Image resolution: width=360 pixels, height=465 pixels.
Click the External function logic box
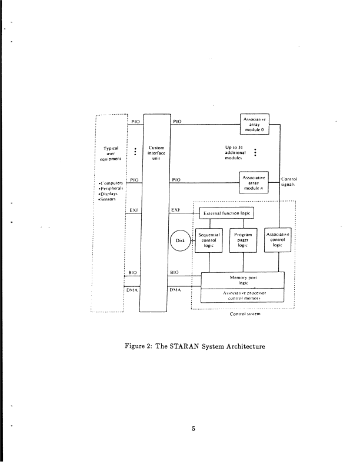click(226, 213)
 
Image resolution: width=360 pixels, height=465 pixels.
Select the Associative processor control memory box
click(242, 295)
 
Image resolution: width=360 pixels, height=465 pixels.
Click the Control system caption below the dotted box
click(245, 315)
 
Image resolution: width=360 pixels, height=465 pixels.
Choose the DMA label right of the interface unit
click(176, 289)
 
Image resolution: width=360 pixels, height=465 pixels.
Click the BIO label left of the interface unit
click(133, 272)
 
